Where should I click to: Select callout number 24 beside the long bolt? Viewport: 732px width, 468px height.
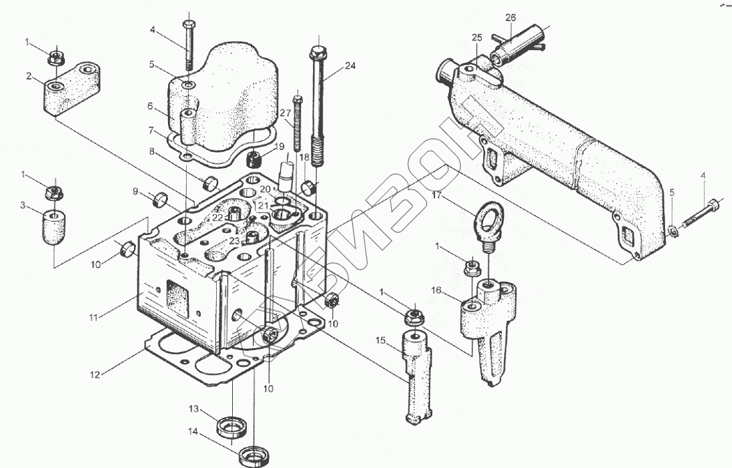[x=350, y=66]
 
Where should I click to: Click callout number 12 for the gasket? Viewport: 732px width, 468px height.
[x=96, y=375]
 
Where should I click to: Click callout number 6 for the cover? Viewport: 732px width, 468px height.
[x=150, y=106]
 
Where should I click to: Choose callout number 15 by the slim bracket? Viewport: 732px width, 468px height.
[x=381, y=340]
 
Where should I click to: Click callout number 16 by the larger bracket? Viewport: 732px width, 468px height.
[x=436, y=289]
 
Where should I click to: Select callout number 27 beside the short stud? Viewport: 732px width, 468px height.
[x=286, y=113]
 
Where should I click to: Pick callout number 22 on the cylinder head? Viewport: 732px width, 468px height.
[x=218, y=218]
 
